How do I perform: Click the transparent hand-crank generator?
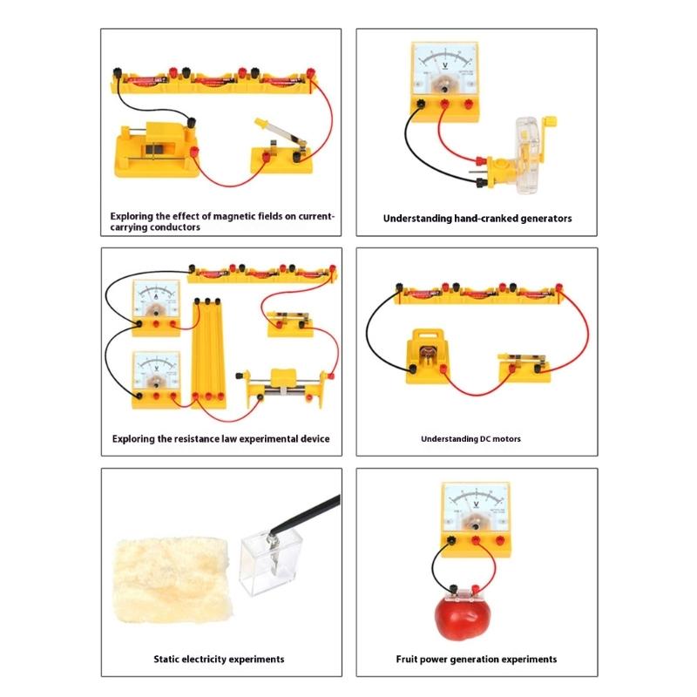tap(526, 150)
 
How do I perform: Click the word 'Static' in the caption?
tap(170, 660)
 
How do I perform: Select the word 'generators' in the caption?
tap(540, 219)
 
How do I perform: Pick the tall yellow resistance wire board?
tap(209, 348)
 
